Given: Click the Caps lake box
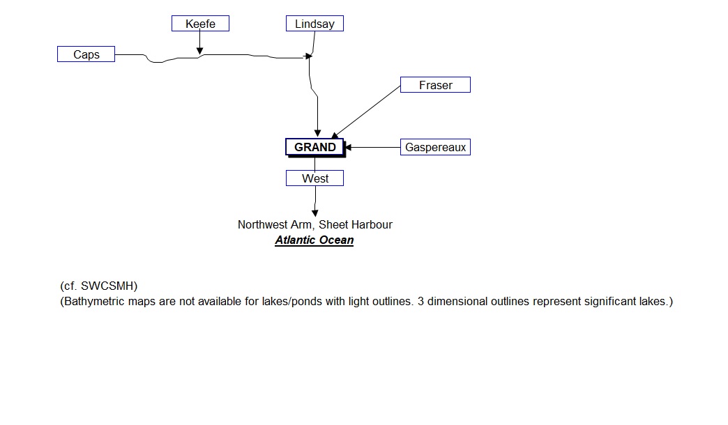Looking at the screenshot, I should tap(86, 54).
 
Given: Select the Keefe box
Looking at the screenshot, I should tap(200, 24).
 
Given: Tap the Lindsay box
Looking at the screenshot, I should tap(314, 24).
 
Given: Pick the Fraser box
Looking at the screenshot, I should tap(435, 85).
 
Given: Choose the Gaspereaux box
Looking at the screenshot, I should tap(435, 147).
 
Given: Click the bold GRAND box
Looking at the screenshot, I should tap(314, 147).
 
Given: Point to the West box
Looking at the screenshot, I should tap(314, 178).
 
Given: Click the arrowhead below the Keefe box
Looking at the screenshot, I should tap(199, 50).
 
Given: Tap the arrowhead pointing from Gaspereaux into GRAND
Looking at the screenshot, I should tap(348, 147).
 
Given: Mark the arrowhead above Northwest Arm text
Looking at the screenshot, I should tap(315, 212).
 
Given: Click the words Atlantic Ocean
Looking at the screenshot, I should tap(314, 240).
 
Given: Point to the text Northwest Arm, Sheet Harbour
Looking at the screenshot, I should tap(314, 224).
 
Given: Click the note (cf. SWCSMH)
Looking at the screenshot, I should tap(99, 286).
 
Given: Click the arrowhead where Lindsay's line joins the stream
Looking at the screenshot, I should tap(309, 56).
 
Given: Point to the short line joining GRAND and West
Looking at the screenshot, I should tap(314, 163).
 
